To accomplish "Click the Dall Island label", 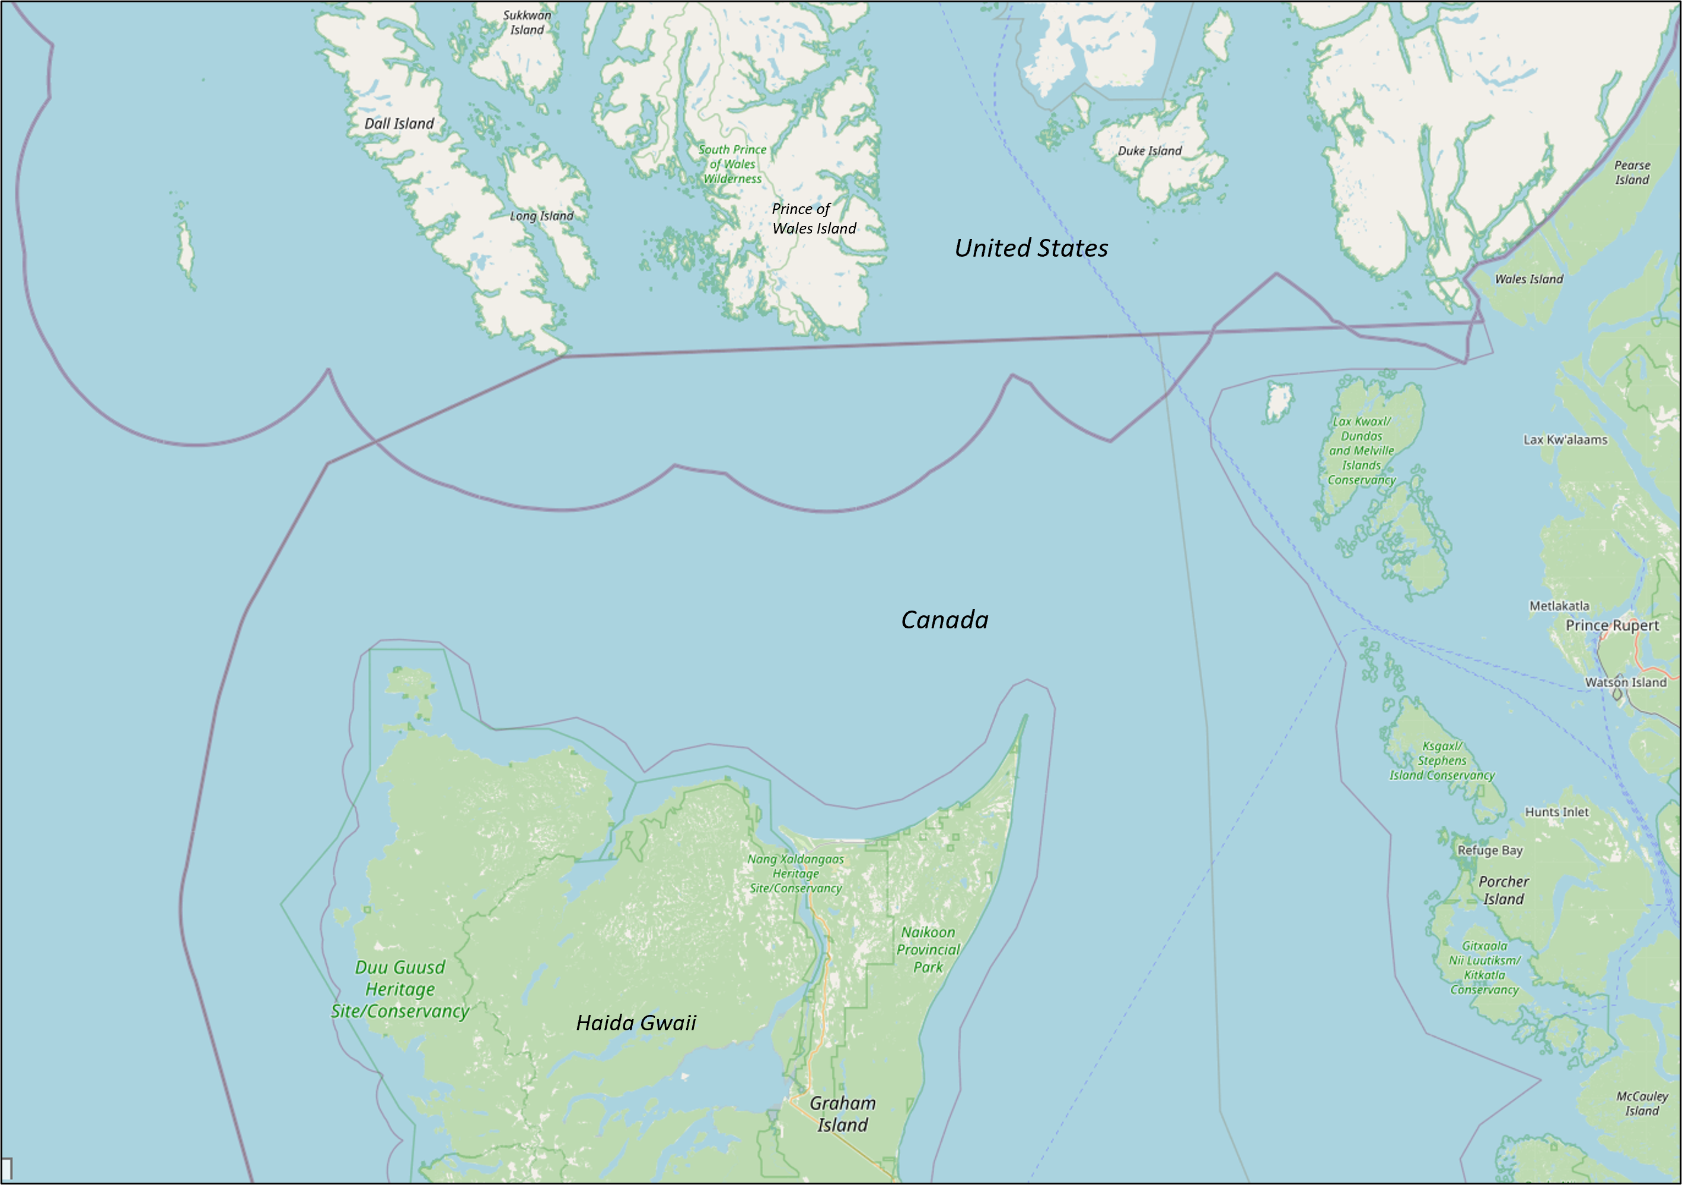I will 399,124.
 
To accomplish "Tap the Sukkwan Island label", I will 527,22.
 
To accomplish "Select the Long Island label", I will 541,216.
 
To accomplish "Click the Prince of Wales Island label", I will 813,219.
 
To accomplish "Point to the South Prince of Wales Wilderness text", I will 732,164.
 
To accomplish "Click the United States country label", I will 1031,248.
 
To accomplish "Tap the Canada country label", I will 944,620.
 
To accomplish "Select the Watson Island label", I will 1626,682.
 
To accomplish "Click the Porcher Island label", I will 1503,890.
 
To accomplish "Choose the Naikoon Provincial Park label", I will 928,950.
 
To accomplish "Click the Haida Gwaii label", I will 636,1023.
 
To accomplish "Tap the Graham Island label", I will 842,1114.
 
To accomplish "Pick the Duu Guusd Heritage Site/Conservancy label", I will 400,989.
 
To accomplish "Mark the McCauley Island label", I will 1642,1104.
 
